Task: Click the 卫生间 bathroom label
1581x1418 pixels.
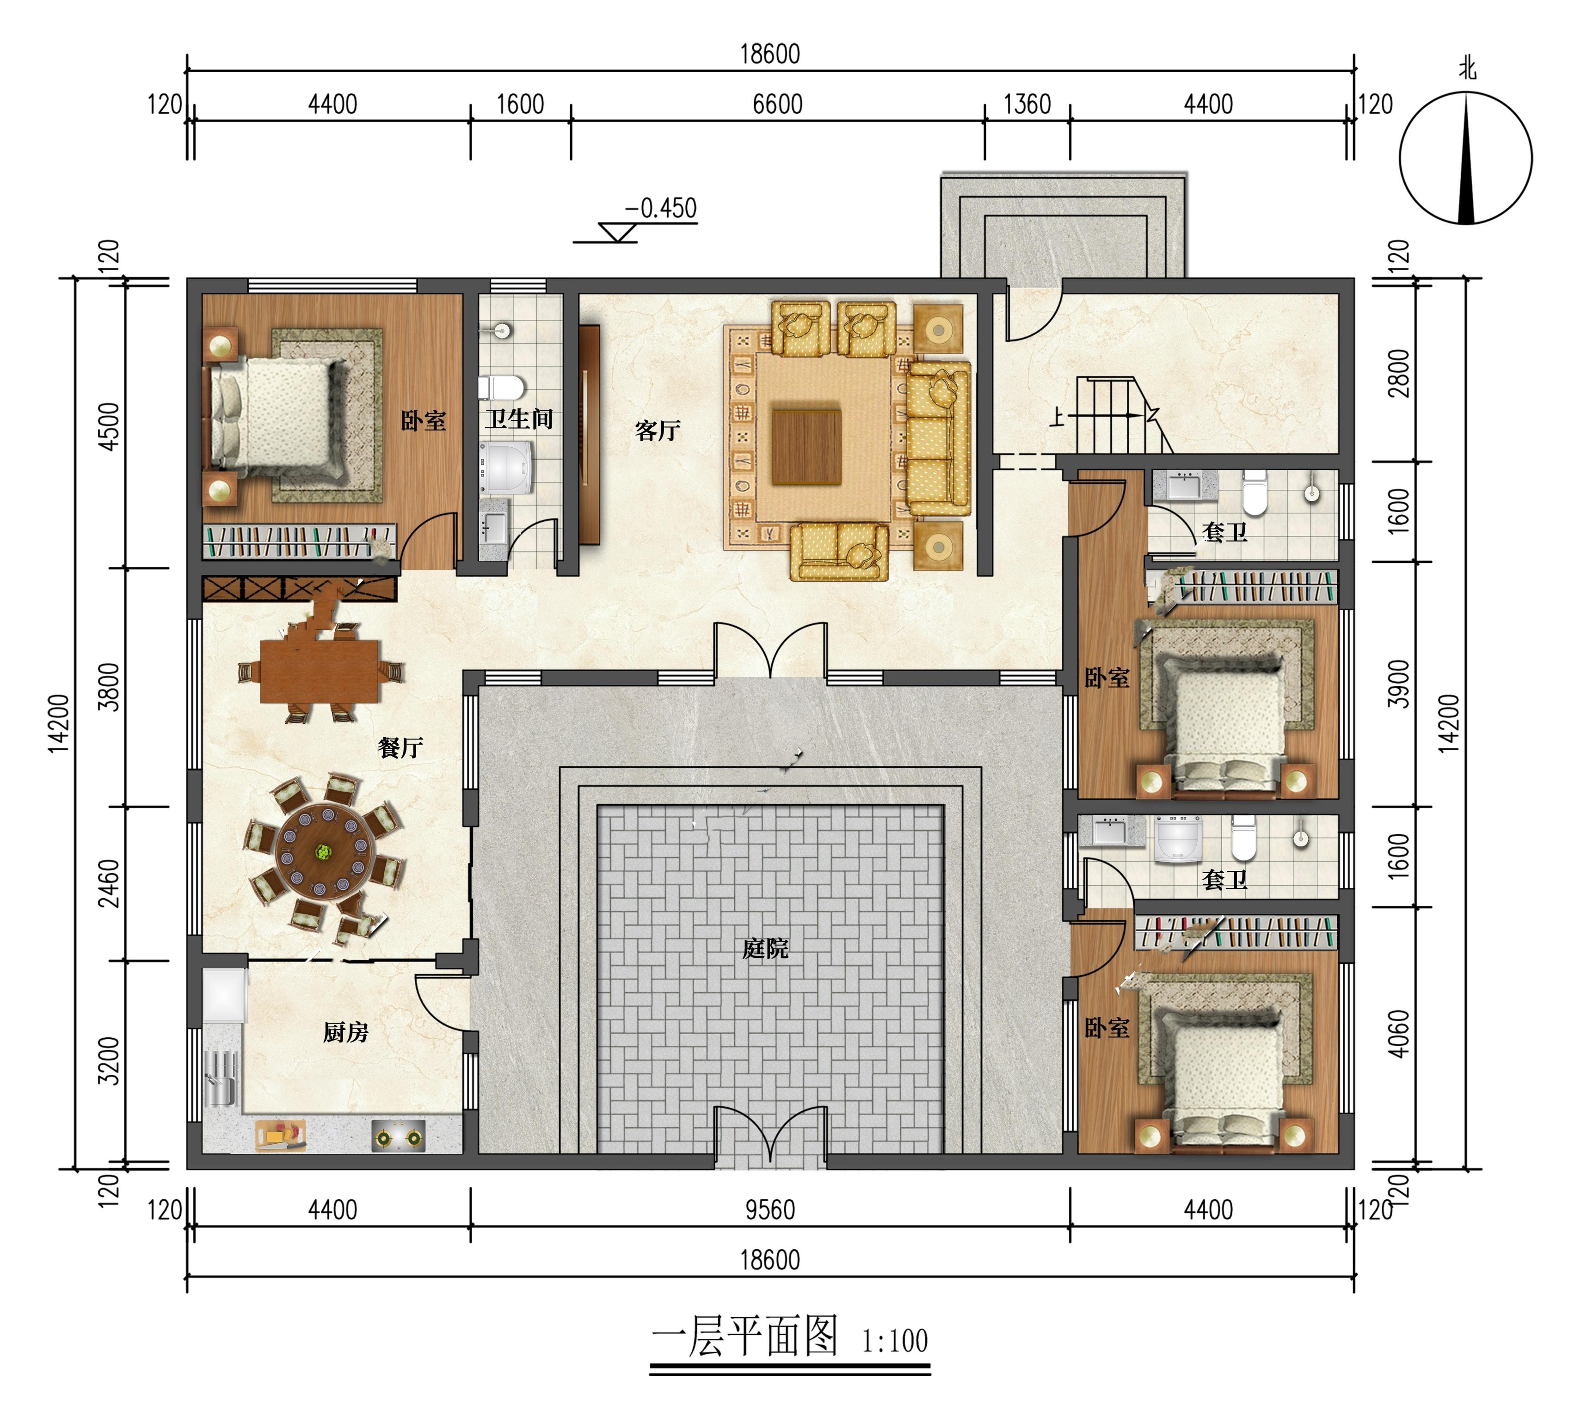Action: [x=519, y=419]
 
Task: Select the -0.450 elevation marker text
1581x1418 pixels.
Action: [x=660, y=209]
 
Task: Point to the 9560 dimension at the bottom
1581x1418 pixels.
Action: [x=769, y=1210]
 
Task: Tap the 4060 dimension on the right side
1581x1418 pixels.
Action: [x=1400, y=1034]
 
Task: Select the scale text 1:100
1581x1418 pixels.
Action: [x=894, y=1341]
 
